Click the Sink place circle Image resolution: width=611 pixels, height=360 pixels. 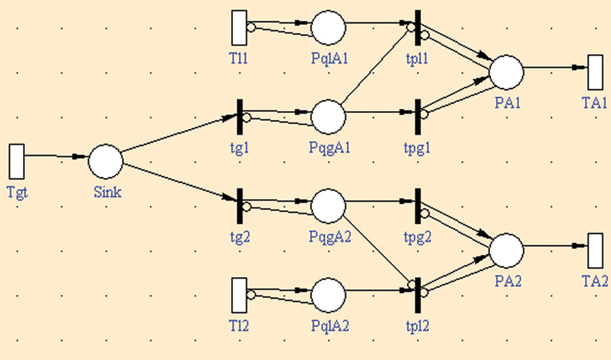(106, 161)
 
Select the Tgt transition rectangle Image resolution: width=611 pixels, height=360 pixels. (16, 162)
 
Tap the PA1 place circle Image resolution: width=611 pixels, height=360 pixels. (506, 72)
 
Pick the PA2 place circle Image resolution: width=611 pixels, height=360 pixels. (506, 250)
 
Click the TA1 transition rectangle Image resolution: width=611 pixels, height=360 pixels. (595, 72)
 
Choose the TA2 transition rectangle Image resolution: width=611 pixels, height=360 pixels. (595, 250)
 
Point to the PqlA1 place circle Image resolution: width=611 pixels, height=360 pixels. (328, 27)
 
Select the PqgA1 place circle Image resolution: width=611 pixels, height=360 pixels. (328, 117)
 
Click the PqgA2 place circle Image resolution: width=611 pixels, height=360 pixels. (328, 206)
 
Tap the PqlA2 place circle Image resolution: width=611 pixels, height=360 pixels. (328, 295)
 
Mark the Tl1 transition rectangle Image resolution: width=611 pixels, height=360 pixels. (239, 27)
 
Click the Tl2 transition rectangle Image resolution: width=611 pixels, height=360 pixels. (239, 295)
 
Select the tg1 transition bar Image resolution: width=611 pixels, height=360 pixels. (240, 117)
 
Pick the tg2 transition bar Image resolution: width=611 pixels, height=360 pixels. (240, 206)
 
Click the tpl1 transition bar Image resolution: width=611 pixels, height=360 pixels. (418, 27)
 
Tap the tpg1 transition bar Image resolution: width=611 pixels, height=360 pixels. (418, 117)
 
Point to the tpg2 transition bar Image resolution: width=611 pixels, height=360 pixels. (418, 206)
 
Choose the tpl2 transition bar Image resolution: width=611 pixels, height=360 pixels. (418, 295)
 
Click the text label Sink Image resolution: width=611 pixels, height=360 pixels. (107, 192)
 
